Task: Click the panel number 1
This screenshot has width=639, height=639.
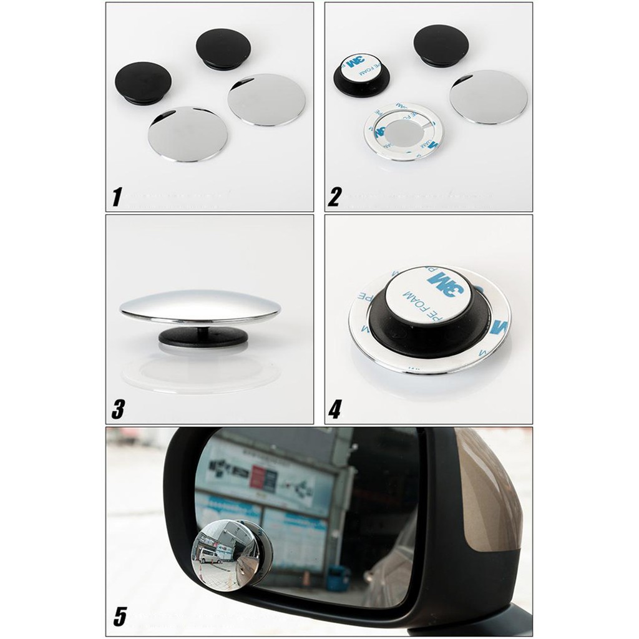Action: (116, 197)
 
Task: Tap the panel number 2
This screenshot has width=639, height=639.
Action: (335, 197)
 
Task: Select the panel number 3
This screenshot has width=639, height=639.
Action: (117, 409)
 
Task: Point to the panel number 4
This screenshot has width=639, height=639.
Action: (336, 409)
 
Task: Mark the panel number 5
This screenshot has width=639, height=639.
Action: (120, 616)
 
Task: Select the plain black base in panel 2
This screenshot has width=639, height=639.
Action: (441, 44)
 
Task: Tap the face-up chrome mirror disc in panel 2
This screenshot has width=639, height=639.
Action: (488, 97)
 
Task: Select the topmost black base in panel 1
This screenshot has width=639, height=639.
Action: (223, 48)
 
